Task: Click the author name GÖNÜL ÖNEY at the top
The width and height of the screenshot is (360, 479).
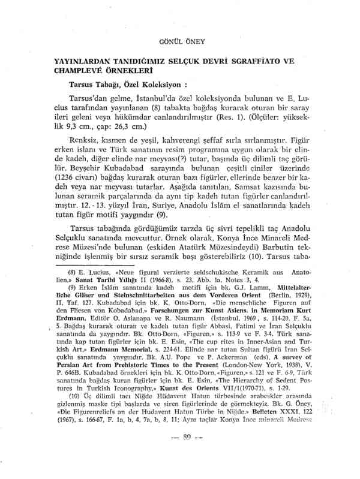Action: pyautogui.click(x=180, y=42)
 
